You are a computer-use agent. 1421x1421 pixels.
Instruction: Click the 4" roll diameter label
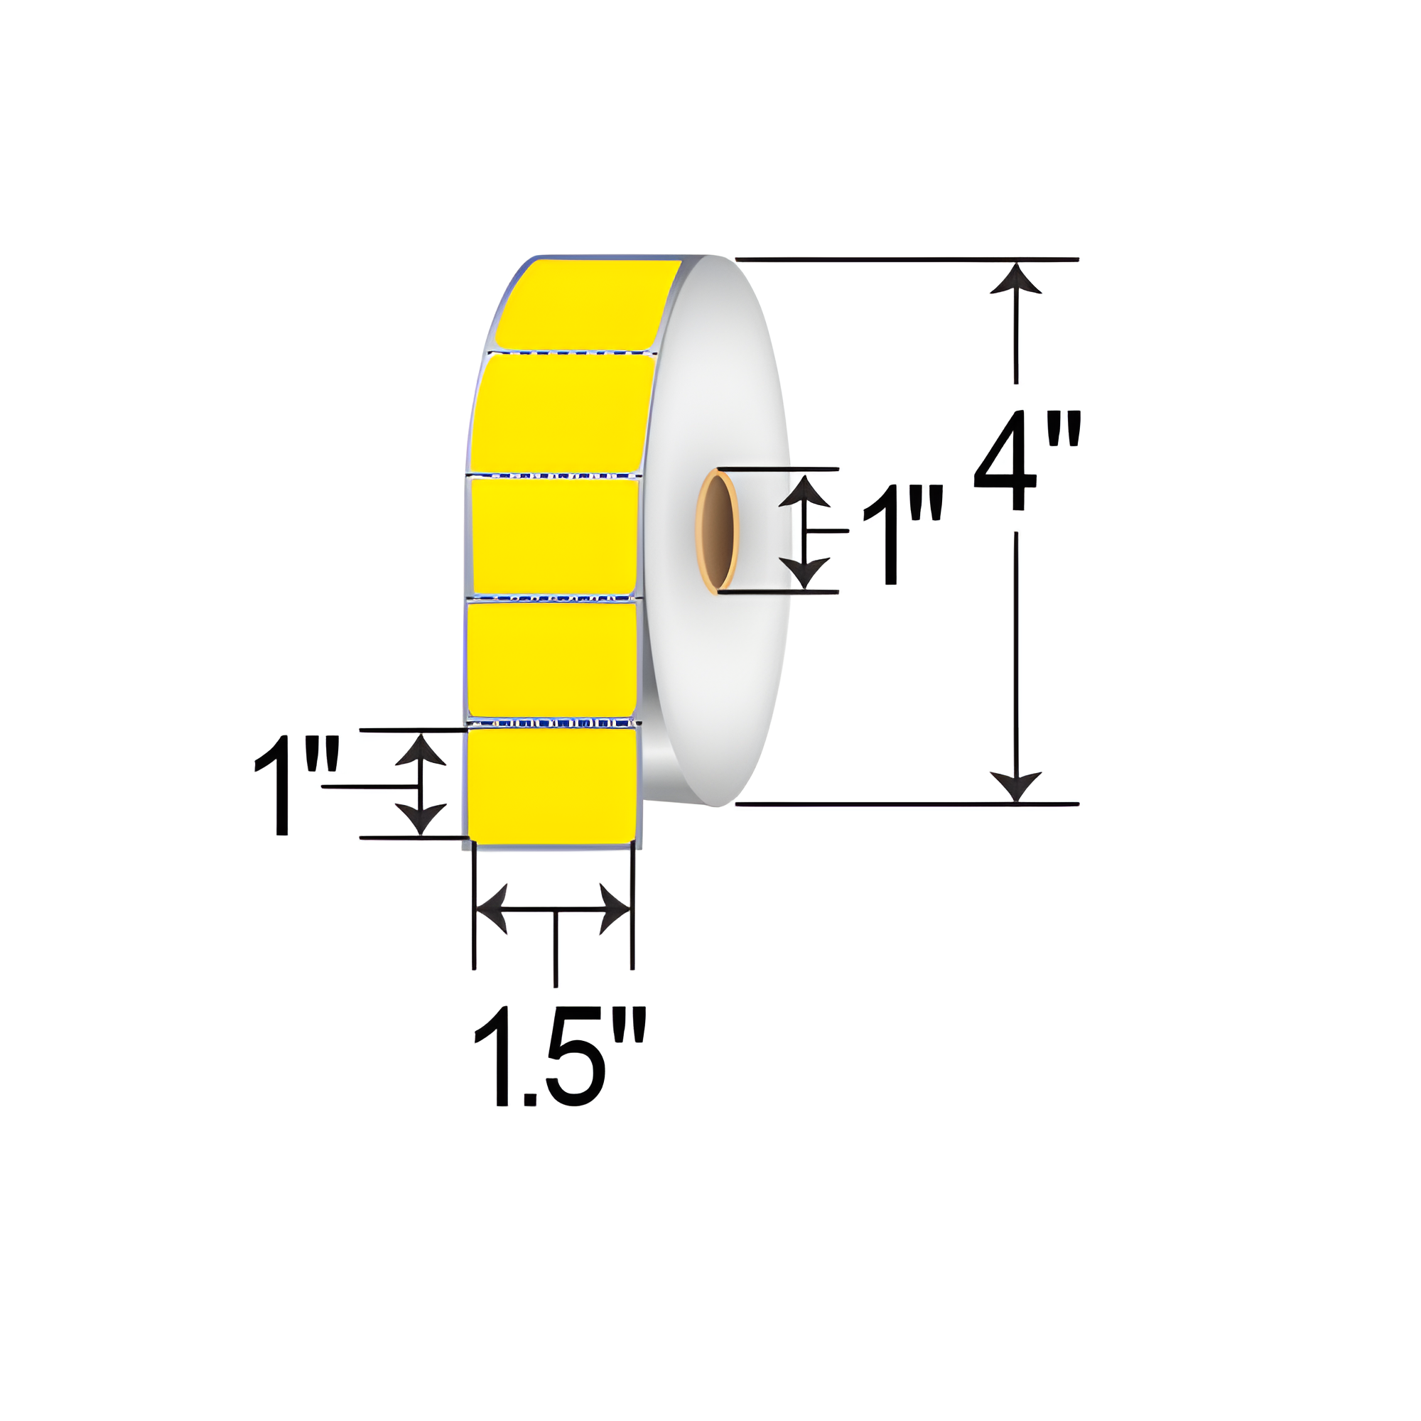(x=1027, y=460)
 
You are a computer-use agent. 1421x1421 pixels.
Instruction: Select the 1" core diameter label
(x=902, y=535)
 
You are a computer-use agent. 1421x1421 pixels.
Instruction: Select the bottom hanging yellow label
(x=552, y=785)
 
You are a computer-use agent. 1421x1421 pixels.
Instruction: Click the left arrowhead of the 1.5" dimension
(x=493, y=909)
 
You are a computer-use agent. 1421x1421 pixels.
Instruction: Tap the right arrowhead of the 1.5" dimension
(x=614, y=909)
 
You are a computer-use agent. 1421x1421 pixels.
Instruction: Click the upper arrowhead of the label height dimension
(x=420, y=750)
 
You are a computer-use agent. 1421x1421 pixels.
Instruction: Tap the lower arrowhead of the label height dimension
(x=420, y=817)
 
